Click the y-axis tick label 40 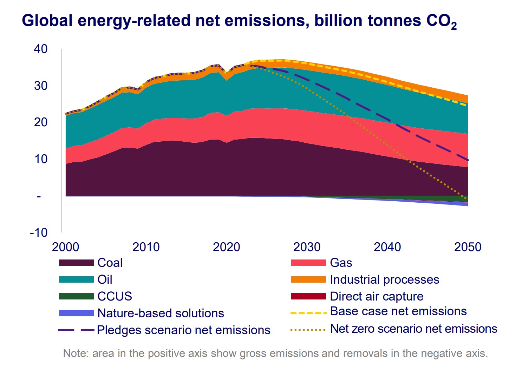[x=40, y=49]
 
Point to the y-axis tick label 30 [x=40, y=86]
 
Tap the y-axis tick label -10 [x=38, y=232]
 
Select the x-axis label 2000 [x=65, y=247]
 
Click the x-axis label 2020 [x=226, y=247]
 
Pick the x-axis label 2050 [x=468, y=247]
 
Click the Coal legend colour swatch [x=76, y=263]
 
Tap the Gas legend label [x=341, y=263]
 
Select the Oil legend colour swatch [x=76, y=279]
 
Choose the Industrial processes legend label [x=384, y=279]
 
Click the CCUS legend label [x=115, y=296]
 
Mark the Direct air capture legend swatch [x=308, y=296]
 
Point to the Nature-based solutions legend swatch [x=76, y=313]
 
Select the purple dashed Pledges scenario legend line [x=76, y=330]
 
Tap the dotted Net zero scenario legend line [x=308, y=330]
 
